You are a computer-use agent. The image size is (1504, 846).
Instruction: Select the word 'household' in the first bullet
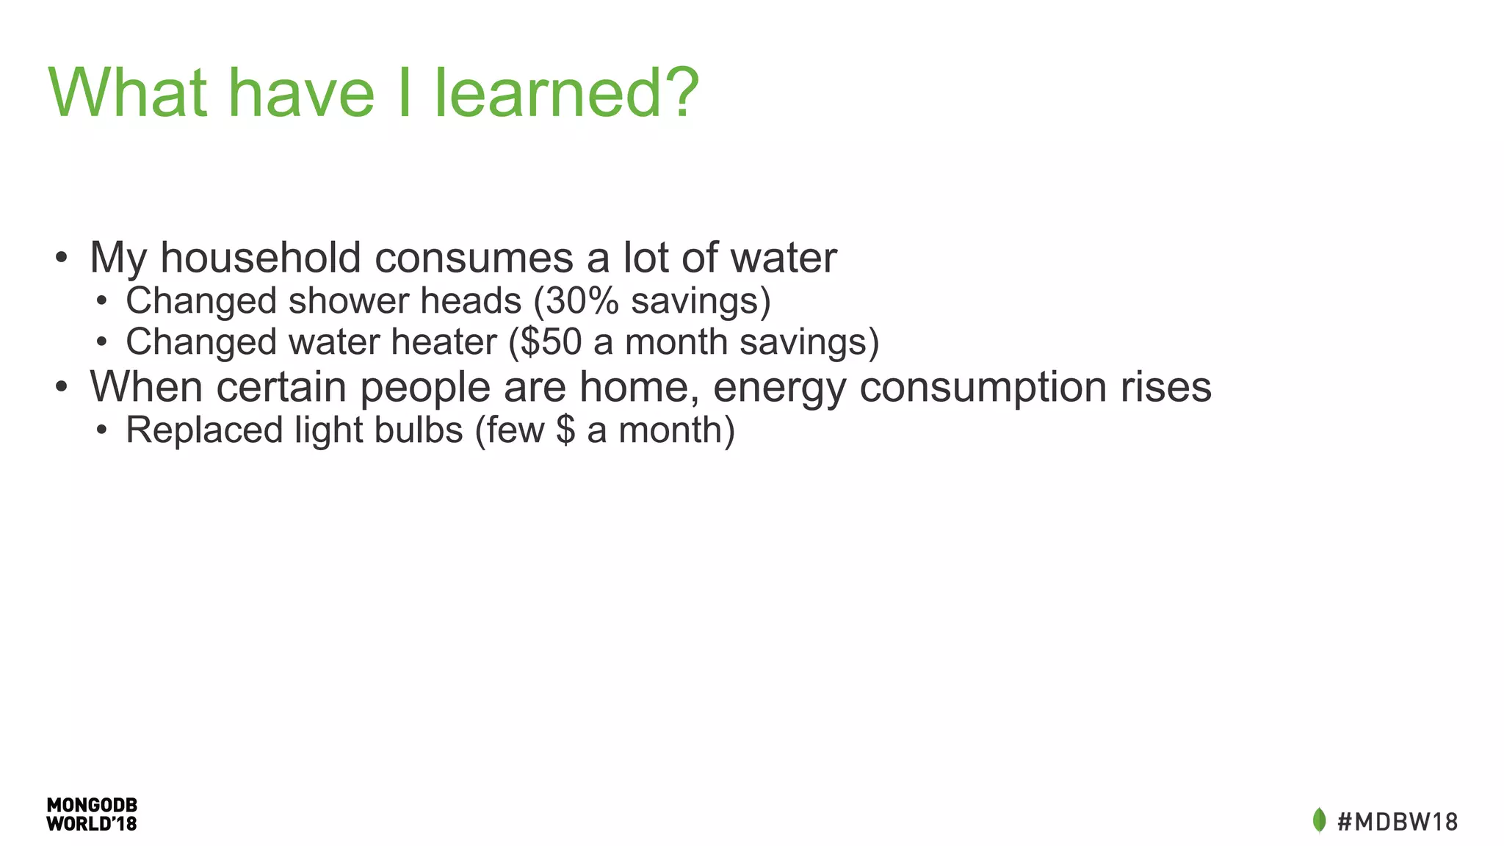pyautogui.click(x=260, y=258)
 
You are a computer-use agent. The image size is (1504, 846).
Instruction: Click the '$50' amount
pyautogui.click(x=551, y=342)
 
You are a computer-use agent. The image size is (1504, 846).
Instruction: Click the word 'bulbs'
pyautogui.click(x=418, y=430)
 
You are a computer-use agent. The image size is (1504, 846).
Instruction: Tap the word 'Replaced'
pyautogui.click(x=203, y=430)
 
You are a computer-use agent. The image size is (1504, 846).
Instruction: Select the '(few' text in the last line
pyautogui.click(x=510, y=430)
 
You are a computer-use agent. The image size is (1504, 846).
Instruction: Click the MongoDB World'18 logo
pyautogui.click(x=92, y=814)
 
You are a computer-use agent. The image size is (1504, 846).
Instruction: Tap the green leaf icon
pyautogui.click(x=1319, y=820)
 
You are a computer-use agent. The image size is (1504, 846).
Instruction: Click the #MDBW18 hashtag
pyautogui.click(x=1397, y=821)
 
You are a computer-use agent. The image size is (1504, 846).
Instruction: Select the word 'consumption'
pyautogui.click(x=983, y=387)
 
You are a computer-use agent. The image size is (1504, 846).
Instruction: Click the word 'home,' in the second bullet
pyautogui.click(x=638, y=387)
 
